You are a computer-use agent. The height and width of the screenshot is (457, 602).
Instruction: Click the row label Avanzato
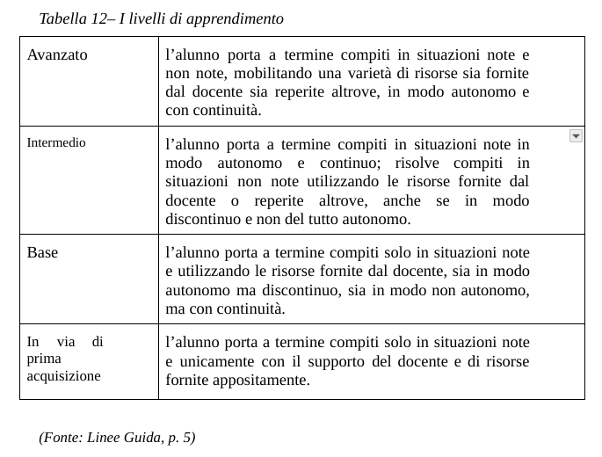57,54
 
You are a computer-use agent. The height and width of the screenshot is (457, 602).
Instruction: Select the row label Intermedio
56,142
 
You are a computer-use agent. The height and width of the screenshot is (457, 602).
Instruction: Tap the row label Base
42,253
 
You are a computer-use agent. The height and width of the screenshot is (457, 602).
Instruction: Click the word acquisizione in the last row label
63,376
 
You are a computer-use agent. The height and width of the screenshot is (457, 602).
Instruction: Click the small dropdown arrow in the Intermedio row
576,135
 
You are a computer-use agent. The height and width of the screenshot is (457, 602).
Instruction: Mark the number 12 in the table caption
98,18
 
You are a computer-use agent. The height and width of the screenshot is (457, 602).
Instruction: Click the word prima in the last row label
44,359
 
